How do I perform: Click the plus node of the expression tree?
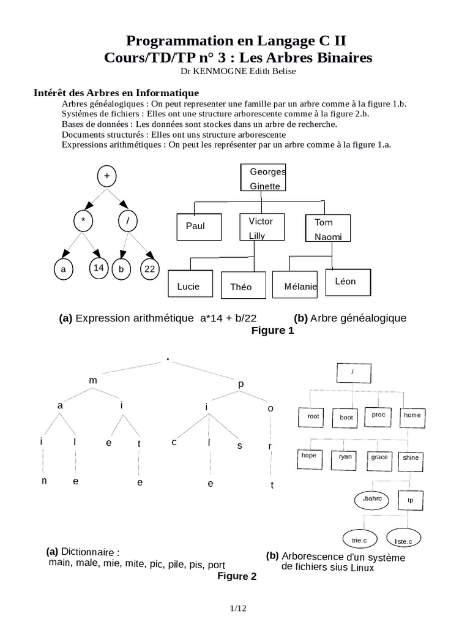click(x=106, y=176)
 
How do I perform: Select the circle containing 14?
click(x=99, y=268)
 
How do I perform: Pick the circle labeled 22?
click(x=149, y=268)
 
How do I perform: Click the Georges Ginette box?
click(x=263, y=178)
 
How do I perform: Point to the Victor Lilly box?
click(x=261, y=227)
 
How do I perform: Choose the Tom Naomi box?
click(x=327, y=228)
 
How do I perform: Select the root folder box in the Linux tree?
click(x=313, y=416)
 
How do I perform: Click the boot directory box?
click(x=346, y=417)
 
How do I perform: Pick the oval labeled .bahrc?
click(x=371, y=500)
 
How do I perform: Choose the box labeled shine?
click(x=411, y=457)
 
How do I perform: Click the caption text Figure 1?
click(x=273, y=331)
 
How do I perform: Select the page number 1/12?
click(x=237, y=608)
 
